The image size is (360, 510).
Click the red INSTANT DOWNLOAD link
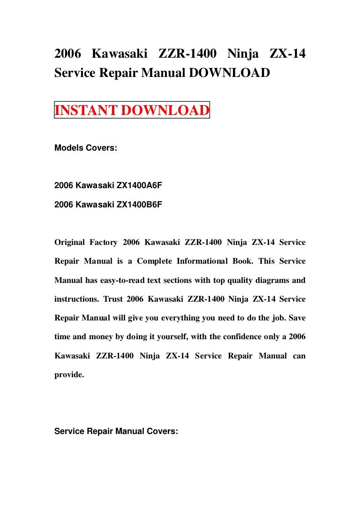pyautogui.click(x=132, y=111)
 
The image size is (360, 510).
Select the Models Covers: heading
pyautogui.click(x=86, y=148)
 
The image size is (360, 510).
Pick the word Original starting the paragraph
pyautogui.click(x=70, y=243)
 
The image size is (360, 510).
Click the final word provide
pyautogui.click(x=69, y=375)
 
